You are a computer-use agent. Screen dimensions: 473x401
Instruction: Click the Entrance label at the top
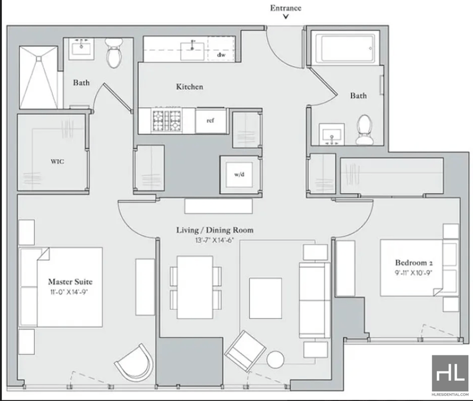(x=286, y=8)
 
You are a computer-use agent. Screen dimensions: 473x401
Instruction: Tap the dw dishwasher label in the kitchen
(x=221, y=55)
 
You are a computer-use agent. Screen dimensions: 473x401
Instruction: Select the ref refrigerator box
(x=210, y=121)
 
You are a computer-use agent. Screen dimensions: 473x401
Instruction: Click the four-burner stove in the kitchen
(x=167, y=121)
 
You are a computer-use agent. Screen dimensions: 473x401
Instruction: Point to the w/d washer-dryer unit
(x=239, y=174)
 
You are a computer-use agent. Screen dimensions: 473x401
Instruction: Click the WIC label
(x=57, y=161)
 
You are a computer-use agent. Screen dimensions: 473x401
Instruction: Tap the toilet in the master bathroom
(x=114, y=53)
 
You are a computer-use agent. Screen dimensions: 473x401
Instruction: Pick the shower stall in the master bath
(x=38, y=77)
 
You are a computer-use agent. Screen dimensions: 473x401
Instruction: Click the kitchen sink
(x=192, y=51)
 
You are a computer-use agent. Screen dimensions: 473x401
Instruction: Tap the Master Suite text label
(x=70, y=282)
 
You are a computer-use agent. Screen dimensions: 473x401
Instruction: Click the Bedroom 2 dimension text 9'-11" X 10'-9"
(x=413, y=273)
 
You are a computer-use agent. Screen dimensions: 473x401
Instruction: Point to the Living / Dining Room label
(x=215, y=230)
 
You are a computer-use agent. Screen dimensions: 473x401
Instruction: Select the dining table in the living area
(x=195, y=287)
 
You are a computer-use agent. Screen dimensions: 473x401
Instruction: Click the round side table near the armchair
(x=275, y=360)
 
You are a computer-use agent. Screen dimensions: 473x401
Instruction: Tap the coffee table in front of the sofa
(x=265, y=299)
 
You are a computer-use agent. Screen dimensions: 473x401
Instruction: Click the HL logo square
(x=450, y=373)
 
